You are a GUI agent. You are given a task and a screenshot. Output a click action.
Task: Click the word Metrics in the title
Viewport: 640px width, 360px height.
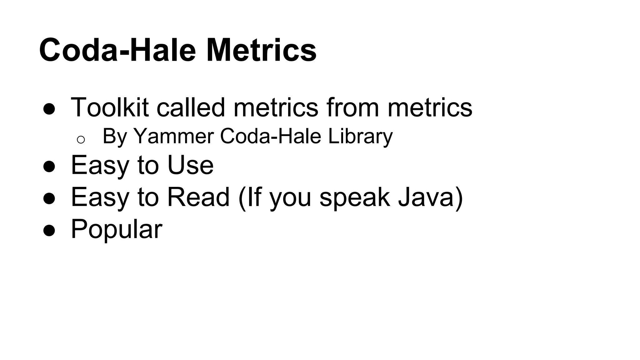coord(261,50)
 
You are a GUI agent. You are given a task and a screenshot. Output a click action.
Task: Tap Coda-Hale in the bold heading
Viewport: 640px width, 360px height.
coord(117,50)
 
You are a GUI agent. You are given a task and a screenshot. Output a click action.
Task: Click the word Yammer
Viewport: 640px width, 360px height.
coord(173,137)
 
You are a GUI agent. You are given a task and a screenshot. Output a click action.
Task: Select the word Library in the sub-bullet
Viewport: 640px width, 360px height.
coord(360,137)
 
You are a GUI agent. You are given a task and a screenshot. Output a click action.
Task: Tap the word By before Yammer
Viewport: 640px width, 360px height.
coord(114,137)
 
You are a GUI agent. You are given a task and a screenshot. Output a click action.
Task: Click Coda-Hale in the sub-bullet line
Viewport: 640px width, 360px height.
coord(271,137)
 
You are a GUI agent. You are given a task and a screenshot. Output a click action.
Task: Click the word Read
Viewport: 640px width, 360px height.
coord(198,197)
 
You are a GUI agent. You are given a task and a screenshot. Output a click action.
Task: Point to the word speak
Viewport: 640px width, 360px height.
coord(355,197)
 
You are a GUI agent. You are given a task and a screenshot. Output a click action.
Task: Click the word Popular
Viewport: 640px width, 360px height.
coord(117,229)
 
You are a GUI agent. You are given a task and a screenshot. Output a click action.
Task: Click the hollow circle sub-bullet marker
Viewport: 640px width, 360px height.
coord(81,140)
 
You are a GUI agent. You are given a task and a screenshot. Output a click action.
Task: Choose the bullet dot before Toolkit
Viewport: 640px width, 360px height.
coord(49,109)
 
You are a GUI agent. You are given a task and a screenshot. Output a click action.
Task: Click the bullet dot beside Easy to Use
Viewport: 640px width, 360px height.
coord(49,167)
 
